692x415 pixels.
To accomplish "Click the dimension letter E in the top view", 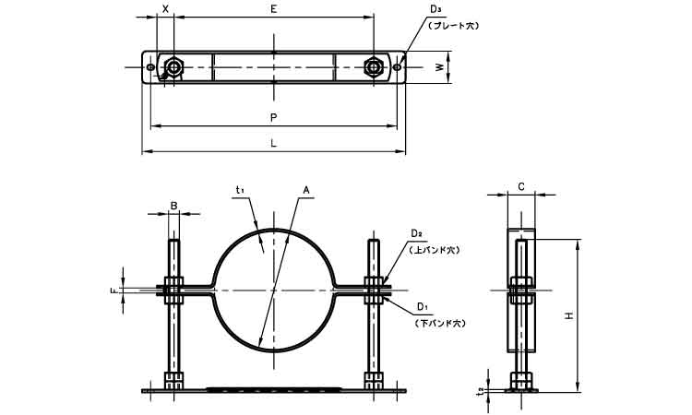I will pyautogui.click(x=273, y=7).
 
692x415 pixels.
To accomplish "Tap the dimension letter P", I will pyautogui.click(x=273, y=117).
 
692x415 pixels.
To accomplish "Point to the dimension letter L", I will pyautogui.click(x=273, y=144).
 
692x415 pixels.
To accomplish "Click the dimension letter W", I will pyautogui.click(x=440, y=66).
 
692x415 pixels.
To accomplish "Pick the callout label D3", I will pyautogui.click(x=435, y=9).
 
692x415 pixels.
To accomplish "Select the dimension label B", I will pyautogui.click(x=173, y=205).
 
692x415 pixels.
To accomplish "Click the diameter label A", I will pyautogui.click(x=305, y=190).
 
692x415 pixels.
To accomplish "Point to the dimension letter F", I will pyautogui.click(x=113, y=291).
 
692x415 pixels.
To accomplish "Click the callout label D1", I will pyautogui.click(x=422, y=305).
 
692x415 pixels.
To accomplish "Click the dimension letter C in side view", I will pyautogui.click(x=521, y=186).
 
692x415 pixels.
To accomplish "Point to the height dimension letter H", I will pyautogui.click(x=569, y=316).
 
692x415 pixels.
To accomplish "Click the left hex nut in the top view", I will pyautogui.click(x=173, y=66).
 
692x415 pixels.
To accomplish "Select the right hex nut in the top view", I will pyautogui.click(x=373, y=66).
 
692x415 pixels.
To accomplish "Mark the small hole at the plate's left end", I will pyautogui.click(x=150, y=66).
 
